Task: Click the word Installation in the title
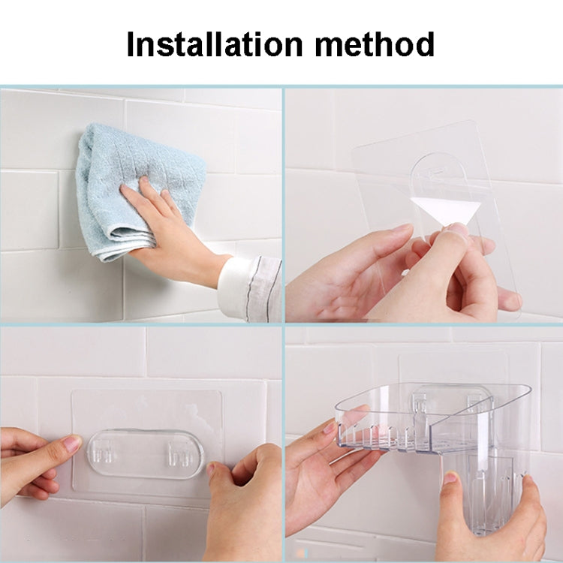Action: tap(215, 44)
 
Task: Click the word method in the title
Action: tap(375, 44)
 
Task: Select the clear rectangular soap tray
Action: tap(431, 417)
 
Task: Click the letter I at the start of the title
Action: tap(131, 44)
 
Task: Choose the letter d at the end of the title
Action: tap(423, 44)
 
